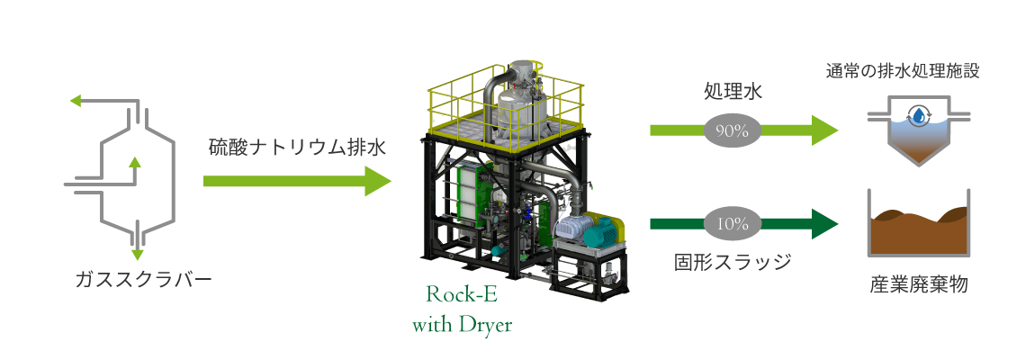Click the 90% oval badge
pos(732,130)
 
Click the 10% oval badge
pos(732,224)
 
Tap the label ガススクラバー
pos(143,280)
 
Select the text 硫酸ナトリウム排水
pos(298,147)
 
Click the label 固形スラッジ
pos(733,263)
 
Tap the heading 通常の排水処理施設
pos(904,71)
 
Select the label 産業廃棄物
pos(918,284)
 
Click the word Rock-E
pos(461,294)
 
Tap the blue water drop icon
pos(920,116)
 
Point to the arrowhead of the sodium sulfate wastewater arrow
pos(378,181)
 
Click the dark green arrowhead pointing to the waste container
pos(824,224)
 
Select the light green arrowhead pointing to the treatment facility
pos(824,130)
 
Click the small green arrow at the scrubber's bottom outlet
pos(137,254)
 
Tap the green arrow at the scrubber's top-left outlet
pos(76,102)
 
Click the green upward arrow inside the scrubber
pos(134,170)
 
